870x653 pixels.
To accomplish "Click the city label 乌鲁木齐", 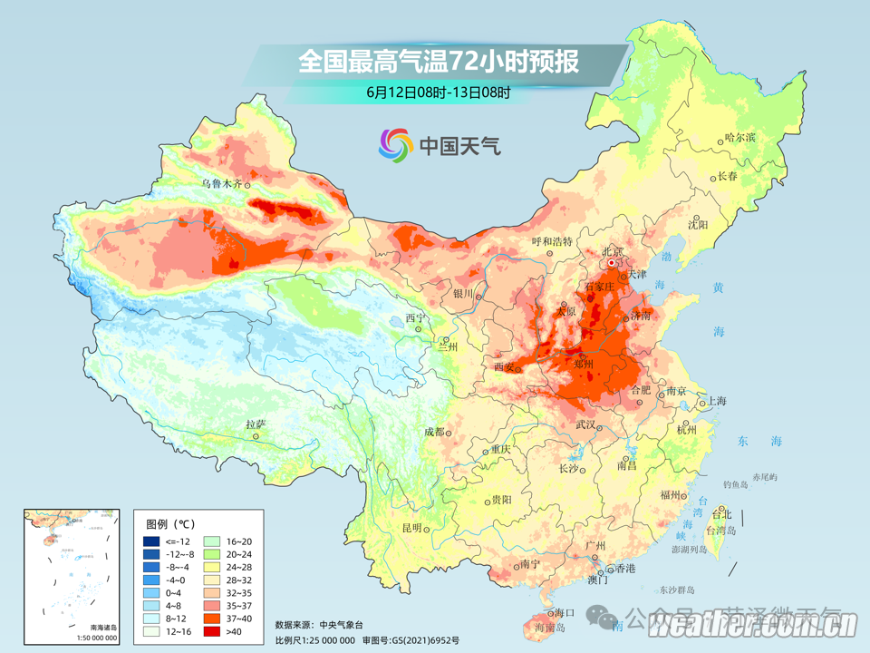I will [x=222, y=183].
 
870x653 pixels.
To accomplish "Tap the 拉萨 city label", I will [x=256, y=424].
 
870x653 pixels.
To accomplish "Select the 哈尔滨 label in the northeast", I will [x=739, y=138].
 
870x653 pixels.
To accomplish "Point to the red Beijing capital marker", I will [x=614, y=263].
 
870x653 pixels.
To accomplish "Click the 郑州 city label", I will [x=584, y=364].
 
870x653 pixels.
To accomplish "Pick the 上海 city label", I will [x=717, y=400].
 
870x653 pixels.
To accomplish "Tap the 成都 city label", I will [x=434, y=433].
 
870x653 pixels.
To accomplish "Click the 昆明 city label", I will [x=412, y=528].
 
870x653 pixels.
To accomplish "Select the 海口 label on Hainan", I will [x=565, y=613].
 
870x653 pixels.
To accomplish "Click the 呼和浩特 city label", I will [x=552, y=241].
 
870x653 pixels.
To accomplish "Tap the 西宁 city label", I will [x=415, y=318].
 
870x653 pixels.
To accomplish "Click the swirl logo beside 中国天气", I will [x=395, y=143].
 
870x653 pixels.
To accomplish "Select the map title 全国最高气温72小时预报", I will [x=439, y=63].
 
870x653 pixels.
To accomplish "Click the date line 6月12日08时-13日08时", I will [x=439, y=92].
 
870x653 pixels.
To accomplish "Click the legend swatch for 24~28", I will [x=214, y=567].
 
